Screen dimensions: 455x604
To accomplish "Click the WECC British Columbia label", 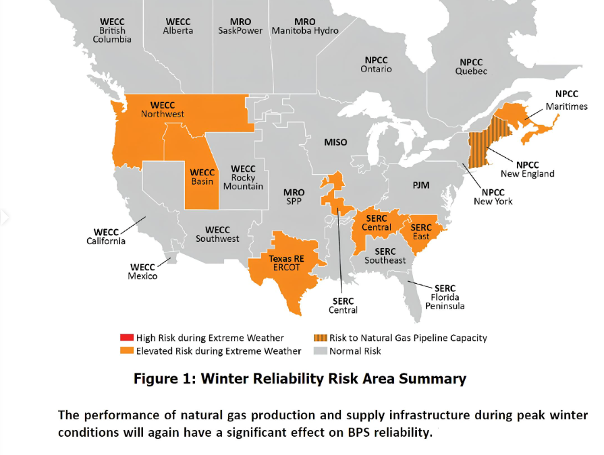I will click(x=111, y=30).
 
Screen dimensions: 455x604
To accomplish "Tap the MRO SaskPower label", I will click(x=240, y=26).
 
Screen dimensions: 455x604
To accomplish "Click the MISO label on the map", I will click(x=335, y=142).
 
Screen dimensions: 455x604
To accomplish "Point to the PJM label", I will click(x=421, y=185).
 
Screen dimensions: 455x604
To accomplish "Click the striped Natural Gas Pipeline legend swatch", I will click(x=320, y=338).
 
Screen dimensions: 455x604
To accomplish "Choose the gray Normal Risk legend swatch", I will click(x=320, y=351).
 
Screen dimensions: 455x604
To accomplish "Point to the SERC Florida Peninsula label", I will click(x=445, y=297).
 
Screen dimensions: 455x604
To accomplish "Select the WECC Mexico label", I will click(x=142, y=272).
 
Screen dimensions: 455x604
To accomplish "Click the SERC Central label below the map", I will click(x=343, y=305).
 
